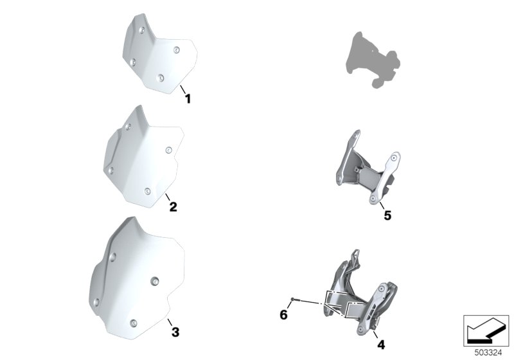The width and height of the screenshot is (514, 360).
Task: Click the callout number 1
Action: click(188, 99)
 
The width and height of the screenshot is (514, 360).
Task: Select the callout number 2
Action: click(173, 207)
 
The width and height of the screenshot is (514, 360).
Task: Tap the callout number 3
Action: click(175, 332)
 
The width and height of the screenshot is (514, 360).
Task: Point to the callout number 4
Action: click(381, 345)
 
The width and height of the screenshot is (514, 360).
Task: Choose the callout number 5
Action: click(387, 216)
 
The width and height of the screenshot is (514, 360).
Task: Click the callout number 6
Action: click(283, 315)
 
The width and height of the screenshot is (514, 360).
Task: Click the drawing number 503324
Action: click(488, 353)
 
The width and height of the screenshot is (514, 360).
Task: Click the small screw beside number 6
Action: click(294, 299)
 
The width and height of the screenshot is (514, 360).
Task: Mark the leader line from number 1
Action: click(182, 89)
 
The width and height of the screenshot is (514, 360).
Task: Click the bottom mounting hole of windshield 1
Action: click(161, 78)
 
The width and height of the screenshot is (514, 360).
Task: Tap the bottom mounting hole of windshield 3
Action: click(133, 323)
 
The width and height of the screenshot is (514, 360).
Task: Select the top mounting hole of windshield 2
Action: click(128, 127)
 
